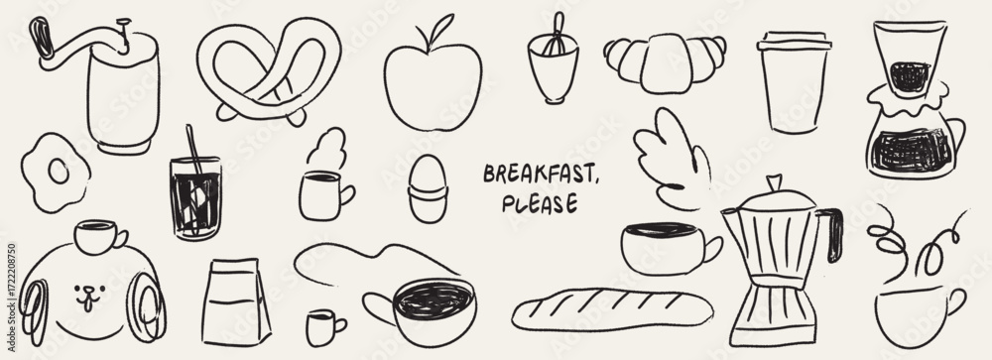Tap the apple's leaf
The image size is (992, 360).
pos(441,27)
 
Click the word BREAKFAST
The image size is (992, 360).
pos(541,173)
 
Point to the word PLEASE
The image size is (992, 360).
pos(540,203)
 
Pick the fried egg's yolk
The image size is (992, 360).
pos(59,171)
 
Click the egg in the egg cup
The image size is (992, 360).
pos(427,172)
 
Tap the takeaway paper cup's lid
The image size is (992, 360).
pos(794,41)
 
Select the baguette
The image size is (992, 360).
pos(612,310)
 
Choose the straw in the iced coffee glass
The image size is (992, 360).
pos(194,152)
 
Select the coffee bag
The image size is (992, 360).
pos(236,302)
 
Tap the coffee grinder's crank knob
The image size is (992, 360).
pos(41,37)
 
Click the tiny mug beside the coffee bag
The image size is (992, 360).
pos(324,327)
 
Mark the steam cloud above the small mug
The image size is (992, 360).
pos(327,148)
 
